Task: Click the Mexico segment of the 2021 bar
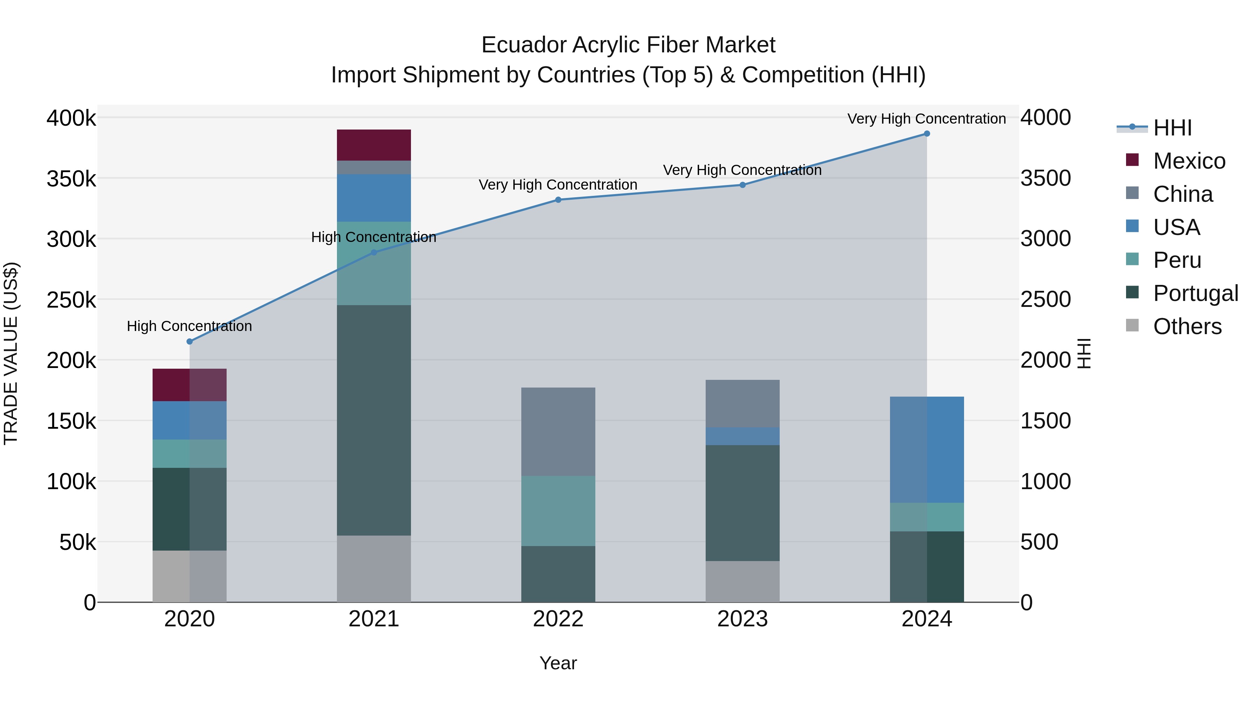click(374, 145)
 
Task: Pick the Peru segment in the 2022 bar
click(558, 510)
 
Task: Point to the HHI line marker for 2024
click(927, 134)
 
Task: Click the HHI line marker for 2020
click(190, 341)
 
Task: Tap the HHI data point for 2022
click(558, 200)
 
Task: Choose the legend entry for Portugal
click(1195, 293)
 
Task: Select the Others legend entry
click(1187, 326)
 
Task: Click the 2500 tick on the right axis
click(1045, 300)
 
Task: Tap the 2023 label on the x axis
click(742, 619)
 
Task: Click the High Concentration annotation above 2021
click(374, 237)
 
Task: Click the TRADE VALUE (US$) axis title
click(11, 353)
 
